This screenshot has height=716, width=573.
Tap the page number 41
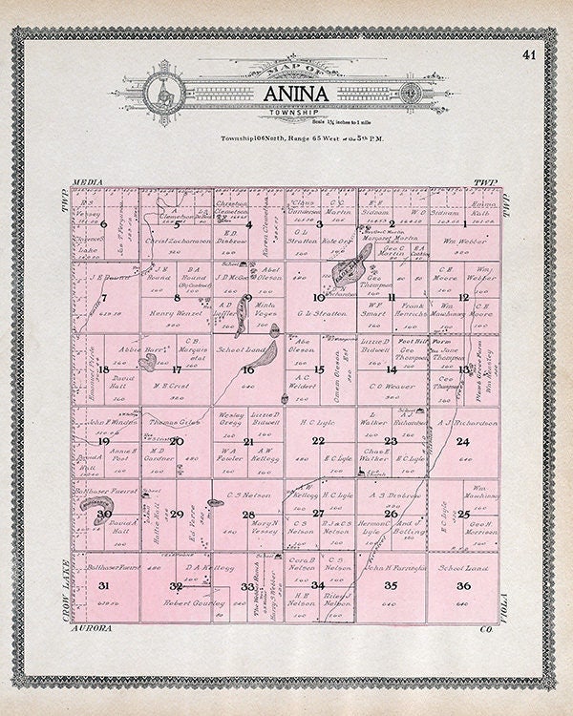pyautogui.click(x=528, y=54)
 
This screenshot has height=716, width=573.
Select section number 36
pyautogui.click(x=463, y=585)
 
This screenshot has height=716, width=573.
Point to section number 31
pyautogui.click(x=103, y=585)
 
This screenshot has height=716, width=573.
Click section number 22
pyautogui.click(x=318, y=440)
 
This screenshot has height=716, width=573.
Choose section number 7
pyautogui.click(x=103, y=297)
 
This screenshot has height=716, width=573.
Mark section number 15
pyautogui.click(x=319, y=369)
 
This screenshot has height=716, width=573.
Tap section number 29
pyautogui.click(x=176, y=514)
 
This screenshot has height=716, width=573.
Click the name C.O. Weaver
pyautogui.click(x=391, y=387)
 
